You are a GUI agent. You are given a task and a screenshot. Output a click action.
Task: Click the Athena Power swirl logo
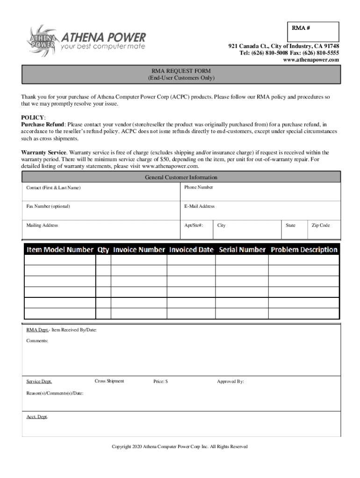(41, 40)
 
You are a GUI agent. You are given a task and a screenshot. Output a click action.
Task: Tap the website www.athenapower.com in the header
(311, 60)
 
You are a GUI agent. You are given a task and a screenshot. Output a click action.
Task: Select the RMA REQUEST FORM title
(181, 71)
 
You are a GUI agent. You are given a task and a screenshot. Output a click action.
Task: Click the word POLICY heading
(33, 118)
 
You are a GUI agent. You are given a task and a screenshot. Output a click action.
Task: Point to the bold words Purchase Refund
(43, 125)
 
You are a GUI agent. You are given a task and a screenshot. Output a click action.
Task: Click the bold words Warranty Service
(44, 153)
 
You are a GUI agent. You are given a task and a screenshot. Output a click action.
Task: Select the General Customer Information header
(181, 177)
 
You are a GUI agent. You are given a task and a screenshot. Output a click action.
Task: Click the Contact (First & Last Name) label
(53, 188)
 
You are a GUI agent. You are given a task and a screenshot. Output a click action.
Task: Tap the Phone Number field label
(198, 187)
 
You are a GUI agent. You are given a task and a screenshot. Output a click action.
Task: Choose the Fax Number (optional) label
(48, 206)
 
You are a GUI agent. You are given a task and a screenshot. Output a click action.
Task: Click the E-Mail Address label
(199, 206)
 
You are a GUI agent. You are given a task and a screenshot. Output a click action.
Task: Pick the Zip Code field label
(321, 225)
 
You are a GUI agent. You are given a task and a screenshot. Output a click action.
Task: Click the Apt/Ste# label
(194, 225)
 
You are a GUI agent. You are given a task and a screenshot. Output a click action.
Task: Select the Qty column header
(103, 250)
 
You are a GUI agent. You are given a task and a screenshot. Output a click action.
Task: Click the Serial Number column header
(242, 250)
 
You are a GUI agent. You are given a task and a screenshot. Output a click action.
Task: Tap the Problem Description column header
(304, 250)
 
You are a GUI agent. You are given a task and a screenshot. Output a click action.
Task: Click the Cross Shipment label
(109, 381)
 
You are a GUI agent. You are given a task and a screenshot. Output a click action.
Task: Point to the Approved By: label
(230, 382)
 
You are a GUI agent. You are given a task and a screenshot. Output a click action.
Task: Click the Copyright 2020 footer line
(180, 447)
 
